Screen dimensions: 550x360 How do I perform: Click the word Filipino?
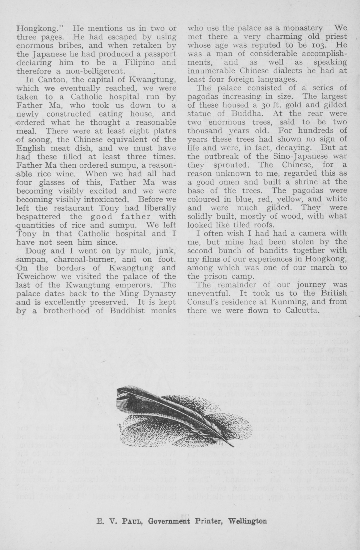tap(130, 62)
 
